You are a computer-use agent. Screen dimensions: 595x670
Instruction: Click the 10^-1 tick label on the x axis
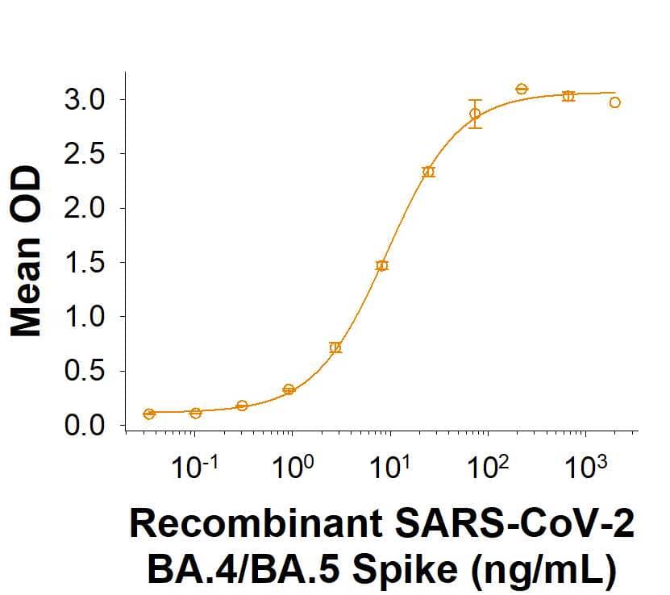[194, 468]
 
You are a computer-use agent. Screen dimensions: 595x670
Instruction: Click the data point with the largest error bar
[476, 114]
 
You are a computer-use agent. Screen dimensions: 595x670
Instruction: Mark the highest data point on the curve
[522, 89]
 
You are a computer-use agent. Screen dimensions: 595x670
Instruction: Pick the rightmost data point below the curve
[615, 102]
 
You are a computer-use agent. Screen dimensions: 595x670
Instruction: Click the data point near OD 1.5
[382, 265]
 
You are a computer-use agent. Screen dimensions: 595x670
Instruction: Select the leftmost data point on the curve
[149, 414]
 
